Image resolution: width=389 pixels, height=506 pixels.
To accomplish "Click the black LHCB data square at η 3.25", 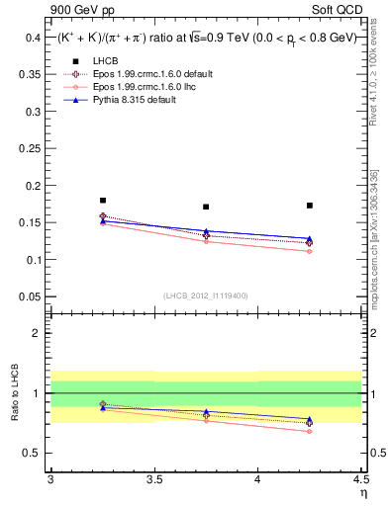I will coord(103,201).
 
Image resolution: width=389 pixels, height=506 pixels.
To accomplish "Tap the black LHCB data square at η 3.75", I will coord(206,207).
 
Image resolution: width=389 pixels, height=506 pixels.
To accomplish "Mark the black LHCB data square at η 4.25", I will coord(310,206).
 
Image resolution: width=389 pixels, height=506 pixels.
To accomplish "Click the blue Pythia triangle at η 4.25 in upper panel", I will coord(310,239).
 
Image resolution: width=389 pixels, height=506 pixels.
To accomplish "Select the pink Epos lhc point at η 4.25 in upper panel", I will coord(310,251).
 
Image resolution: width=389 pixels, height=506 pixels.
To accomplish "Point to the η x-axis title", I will coord(363,495).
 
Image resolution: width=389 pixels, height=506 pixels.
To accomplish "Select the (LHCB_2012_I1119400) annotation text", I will coord(206,295).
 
